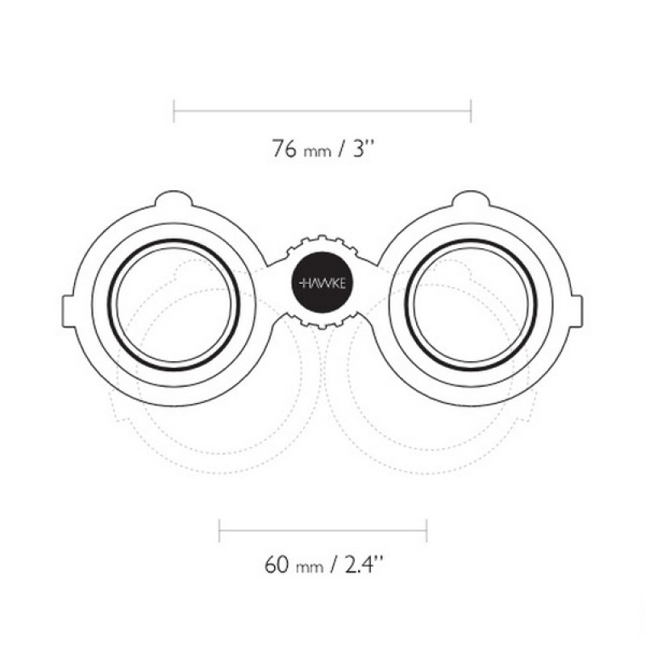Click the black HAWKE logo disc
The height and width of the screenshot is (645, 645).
point(322,282)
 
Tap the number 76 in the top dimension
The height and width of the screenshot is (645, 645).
point(284,148)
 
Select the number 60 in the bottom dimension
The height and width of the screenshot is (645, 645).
point(277,564)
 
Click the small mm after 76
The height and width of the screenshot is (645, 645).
point(317,152)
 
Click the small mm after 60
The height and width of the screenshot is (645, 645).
point(310,568)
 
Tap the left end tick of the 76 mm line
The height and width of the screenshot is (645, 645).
point(174,110)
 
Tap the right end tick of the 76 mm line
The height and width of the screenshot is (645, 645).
point(471,110)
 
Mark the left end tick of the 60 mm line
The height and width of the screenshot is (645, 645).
point(219,531)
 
